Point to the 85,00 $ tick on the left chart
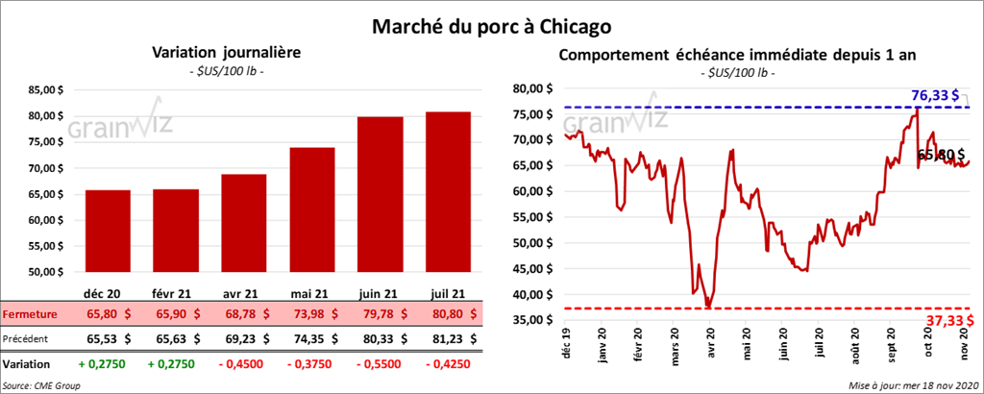(43, 90)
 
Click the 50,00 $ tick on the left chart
(43, 272)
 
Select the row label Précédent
(28, 338)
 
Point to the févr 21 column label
(176, 292)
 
